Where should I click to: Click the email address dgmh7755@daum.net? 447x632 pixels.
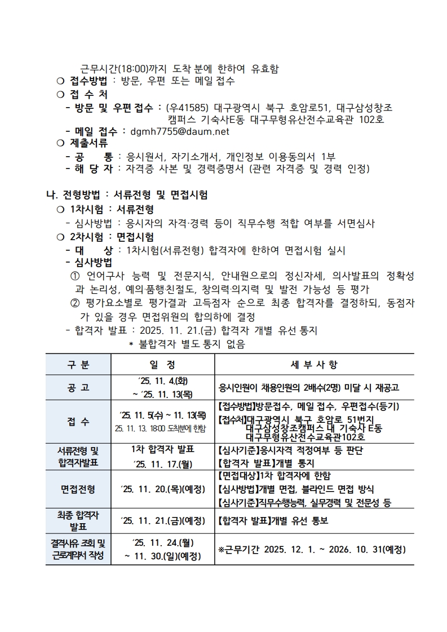point(179,131)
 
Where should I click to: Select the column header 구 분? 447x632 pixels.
point(78,365)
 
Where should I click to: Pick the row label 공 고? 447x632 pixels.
point(78,388)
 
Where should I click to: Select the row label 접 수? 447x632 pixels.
point(78,422)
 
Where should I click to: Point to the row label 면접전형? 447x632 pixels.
point(78,489)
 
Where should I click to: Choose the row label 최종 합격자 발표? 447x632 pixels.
point(78,520)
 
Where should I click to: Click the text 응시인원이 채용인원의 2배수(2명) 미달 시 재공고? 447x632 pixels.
point(308,388)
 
